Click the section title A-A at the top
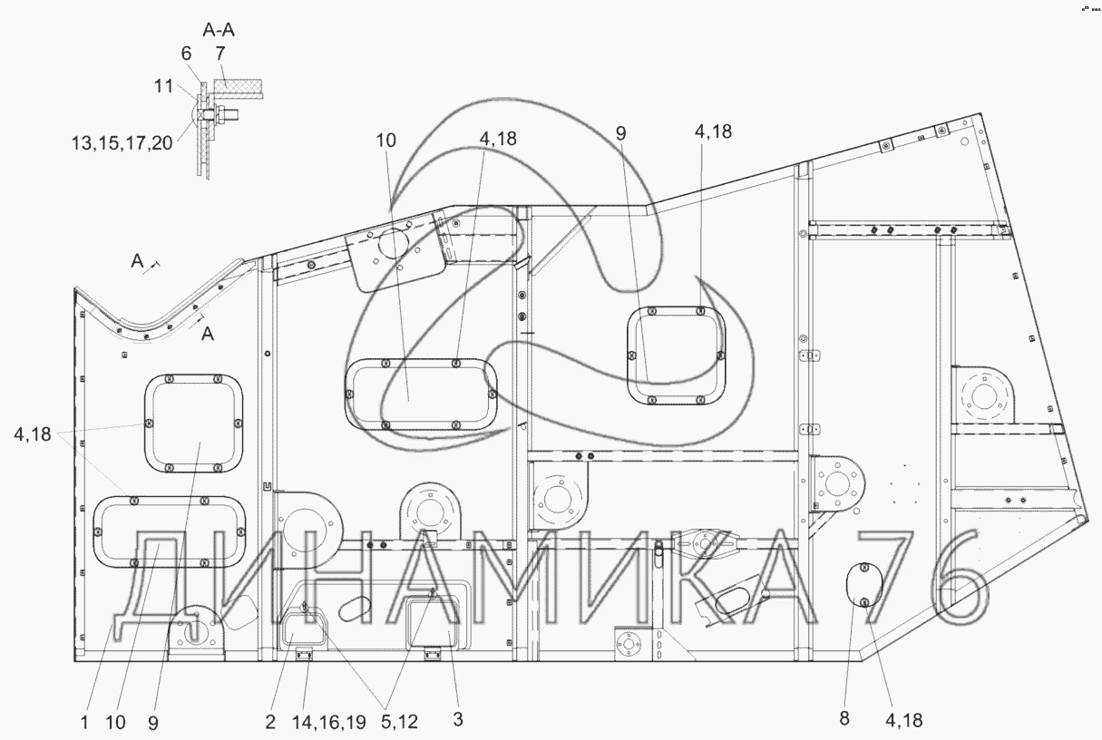coord(219,30)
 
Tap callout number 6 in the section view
coord(186,54)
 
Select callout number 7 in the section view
coord(219,54)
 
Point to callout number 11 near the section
coord(164,86)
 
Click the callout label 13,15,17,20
coord(122,143)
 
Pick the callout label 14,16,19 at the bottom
coord(329,722)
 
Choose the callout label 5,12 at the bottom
coord(399,722)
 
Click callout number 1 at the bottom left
coord(84,723)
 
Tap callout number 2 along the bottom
coord(270,722)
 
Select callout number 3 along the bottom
coord(457,719)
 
